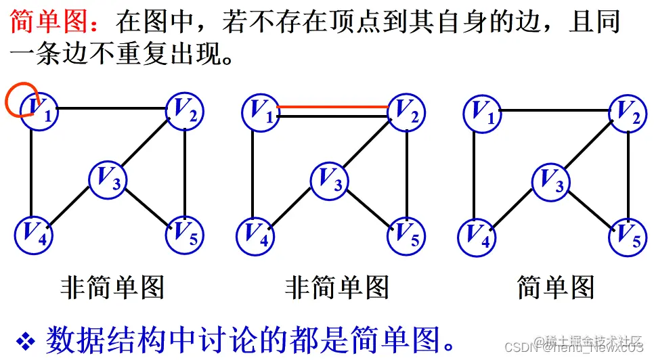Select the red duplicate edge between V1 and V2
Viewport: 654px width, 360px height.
tap(332, 106)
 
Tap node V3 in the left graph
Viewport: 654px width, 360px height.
tap(108, 179)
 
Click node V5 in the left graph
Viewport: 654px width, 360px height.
tap(184, 233)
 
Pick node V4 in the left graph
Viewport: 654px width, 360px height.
tap(32, 233)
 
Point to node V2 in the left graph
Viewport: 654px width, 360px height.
tap(185, 110)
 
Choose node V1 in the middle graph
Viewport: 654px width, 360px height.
tap(261, 110)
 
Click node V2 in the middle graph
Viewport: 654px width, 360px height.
tap(406, 110)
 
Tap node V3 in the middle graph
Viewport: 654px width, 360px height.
tap(330, 179)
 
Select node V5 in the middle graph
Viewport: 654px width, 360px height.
tap(406, 233)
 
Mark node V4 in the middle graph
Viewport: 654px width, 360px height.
tap(255, 233)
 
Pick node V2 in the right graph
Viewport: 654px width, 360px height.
tap(628, 111)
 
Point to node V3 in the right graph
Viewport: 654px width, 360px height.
tap(551, 180)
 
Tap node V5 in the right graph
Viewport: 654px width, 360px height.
tap(628, 235)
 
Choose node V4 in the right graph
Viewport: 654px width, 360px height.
tap(476, 235)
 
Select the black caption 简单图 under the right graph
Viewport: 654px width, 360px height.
tap(555, 286)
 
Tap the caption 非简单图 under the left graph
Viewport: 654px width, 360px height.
tap(112, 286)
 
